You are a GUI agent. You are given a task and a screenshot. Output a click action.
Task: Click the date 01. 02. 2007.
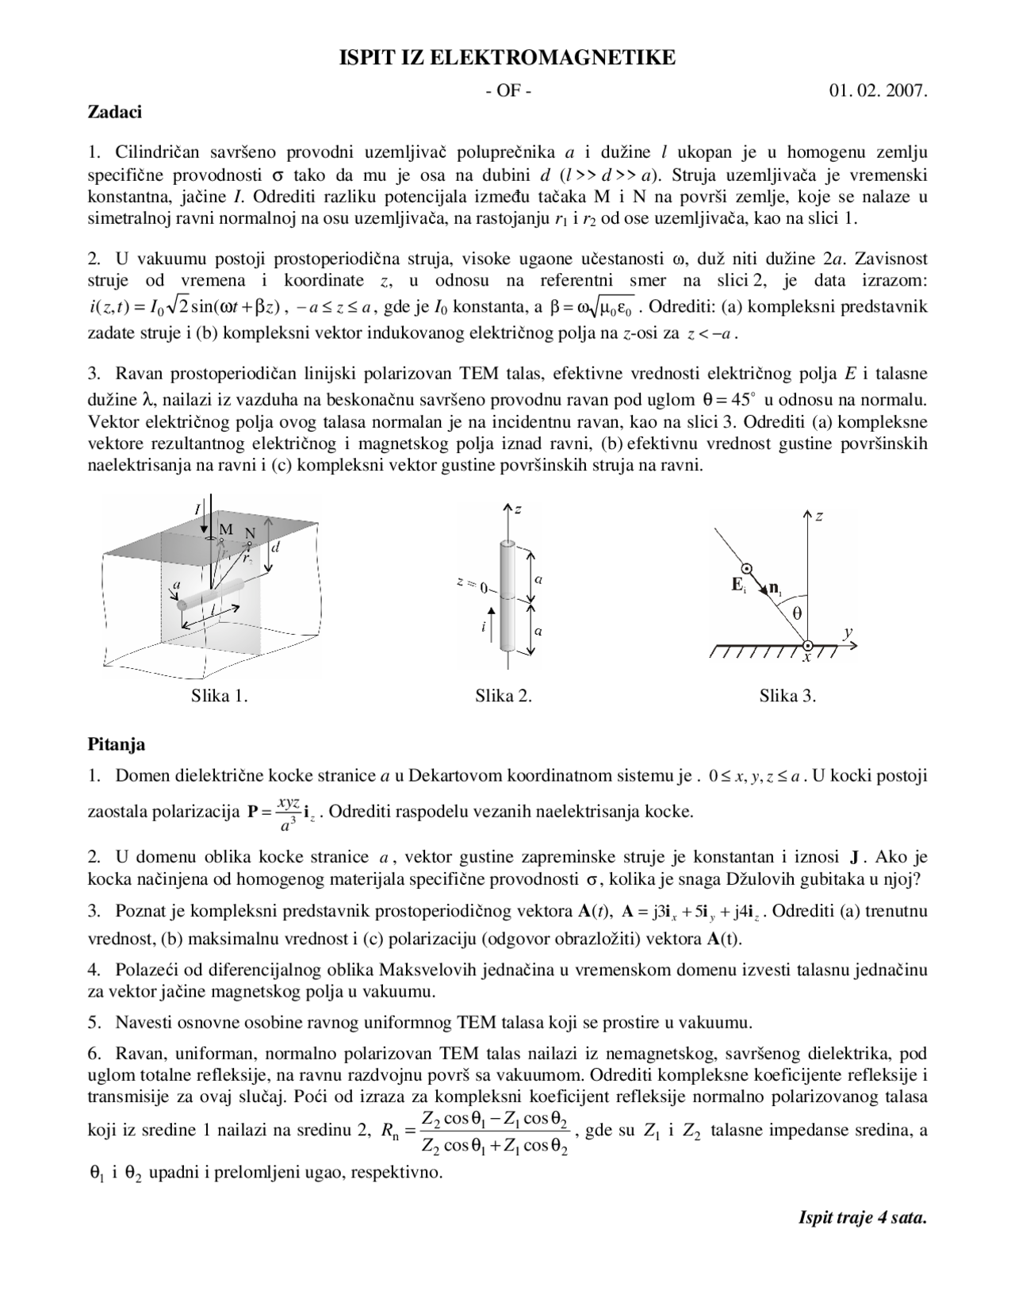point(878,90)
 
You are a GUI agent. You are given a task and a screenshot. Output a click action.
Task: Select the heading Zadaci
point(114,112)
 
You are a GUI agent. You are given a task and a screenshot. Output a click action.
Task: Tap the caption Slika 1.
point(220,697)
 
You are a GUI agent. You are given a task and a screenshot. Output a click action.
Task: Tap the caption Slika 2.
point(504,697)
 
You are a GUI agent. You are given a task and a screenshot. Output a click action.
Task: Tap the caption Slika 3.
point(787,697)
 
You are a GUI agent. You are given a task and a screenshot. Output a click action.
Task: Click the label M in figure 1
point(226,529)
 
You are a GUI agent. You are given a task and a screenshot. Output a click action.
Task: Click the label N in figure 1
point(251,533)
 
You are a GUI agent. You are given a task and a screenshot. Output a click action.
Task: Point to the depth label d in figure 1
point(276,547)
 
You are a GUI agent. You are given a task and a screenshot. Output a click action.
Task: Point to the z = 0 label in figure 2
point(472,586)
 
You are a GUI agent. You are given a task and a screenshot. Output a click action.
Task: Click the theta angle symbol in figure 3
point(796,613)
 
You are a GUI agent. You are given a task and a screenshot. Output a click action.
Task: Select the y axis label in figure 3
point(848,632)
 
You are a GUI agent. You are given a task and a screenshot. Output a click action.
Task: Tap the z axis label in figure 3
point(819,517)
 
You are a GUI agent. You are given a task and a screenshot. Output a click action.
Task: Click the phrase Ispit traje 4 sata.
point(862,1218)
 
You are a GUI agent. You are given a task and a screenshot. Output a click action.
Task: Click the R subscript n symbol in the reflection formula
point(389,1134)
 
